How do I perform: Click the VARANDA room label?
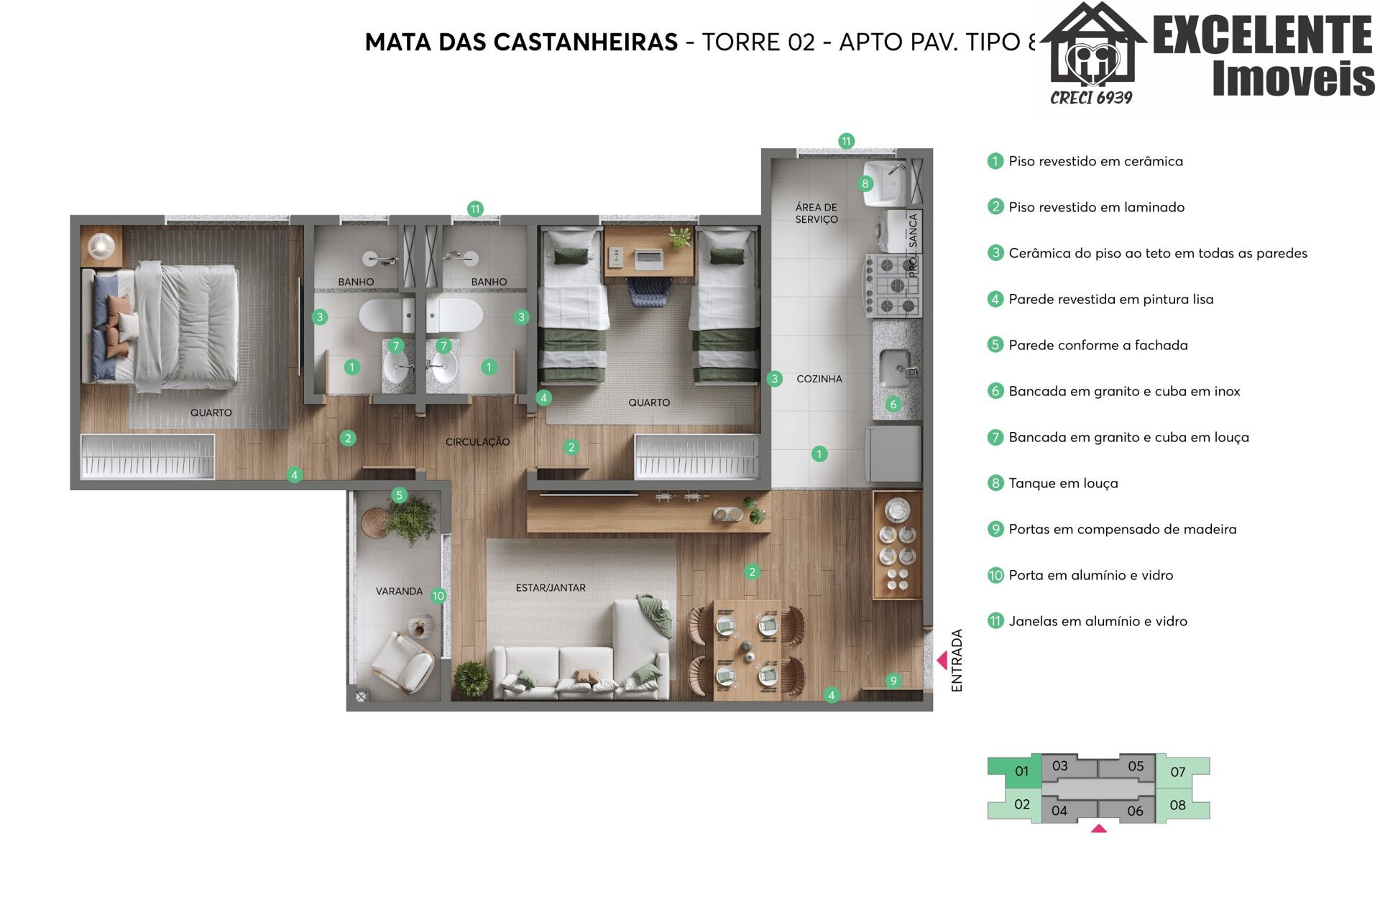[x=399, y=592]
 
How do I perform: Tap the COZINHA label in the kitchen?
[x=819, y=379]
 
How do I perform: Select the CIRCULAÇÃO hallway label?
[x=477, y=442]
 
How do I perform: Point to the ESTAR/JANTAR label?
[x=551, y=588]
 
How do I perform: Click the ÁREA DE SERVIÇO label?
[x=816, y=213]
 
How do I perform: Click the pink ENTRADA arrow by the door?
[x=942, y=660]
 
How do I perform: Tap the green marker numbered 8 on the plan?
[x=865, y=183]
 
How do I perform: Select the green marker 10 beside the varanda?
[x=438, y=596]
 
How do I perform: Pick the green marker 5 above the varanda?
[x=400, y=494]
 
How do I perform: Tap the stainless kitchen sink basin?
[x=896, y=368]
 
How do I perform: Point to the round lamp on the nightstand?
[x=101, y=246]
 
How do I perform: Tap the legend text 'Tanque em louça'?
[x=1063, y=484]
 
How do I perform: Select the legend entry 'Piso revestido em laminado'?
[x=1096, y=208]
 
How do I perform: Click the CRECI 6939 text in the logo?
[x=1091, y=98]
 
